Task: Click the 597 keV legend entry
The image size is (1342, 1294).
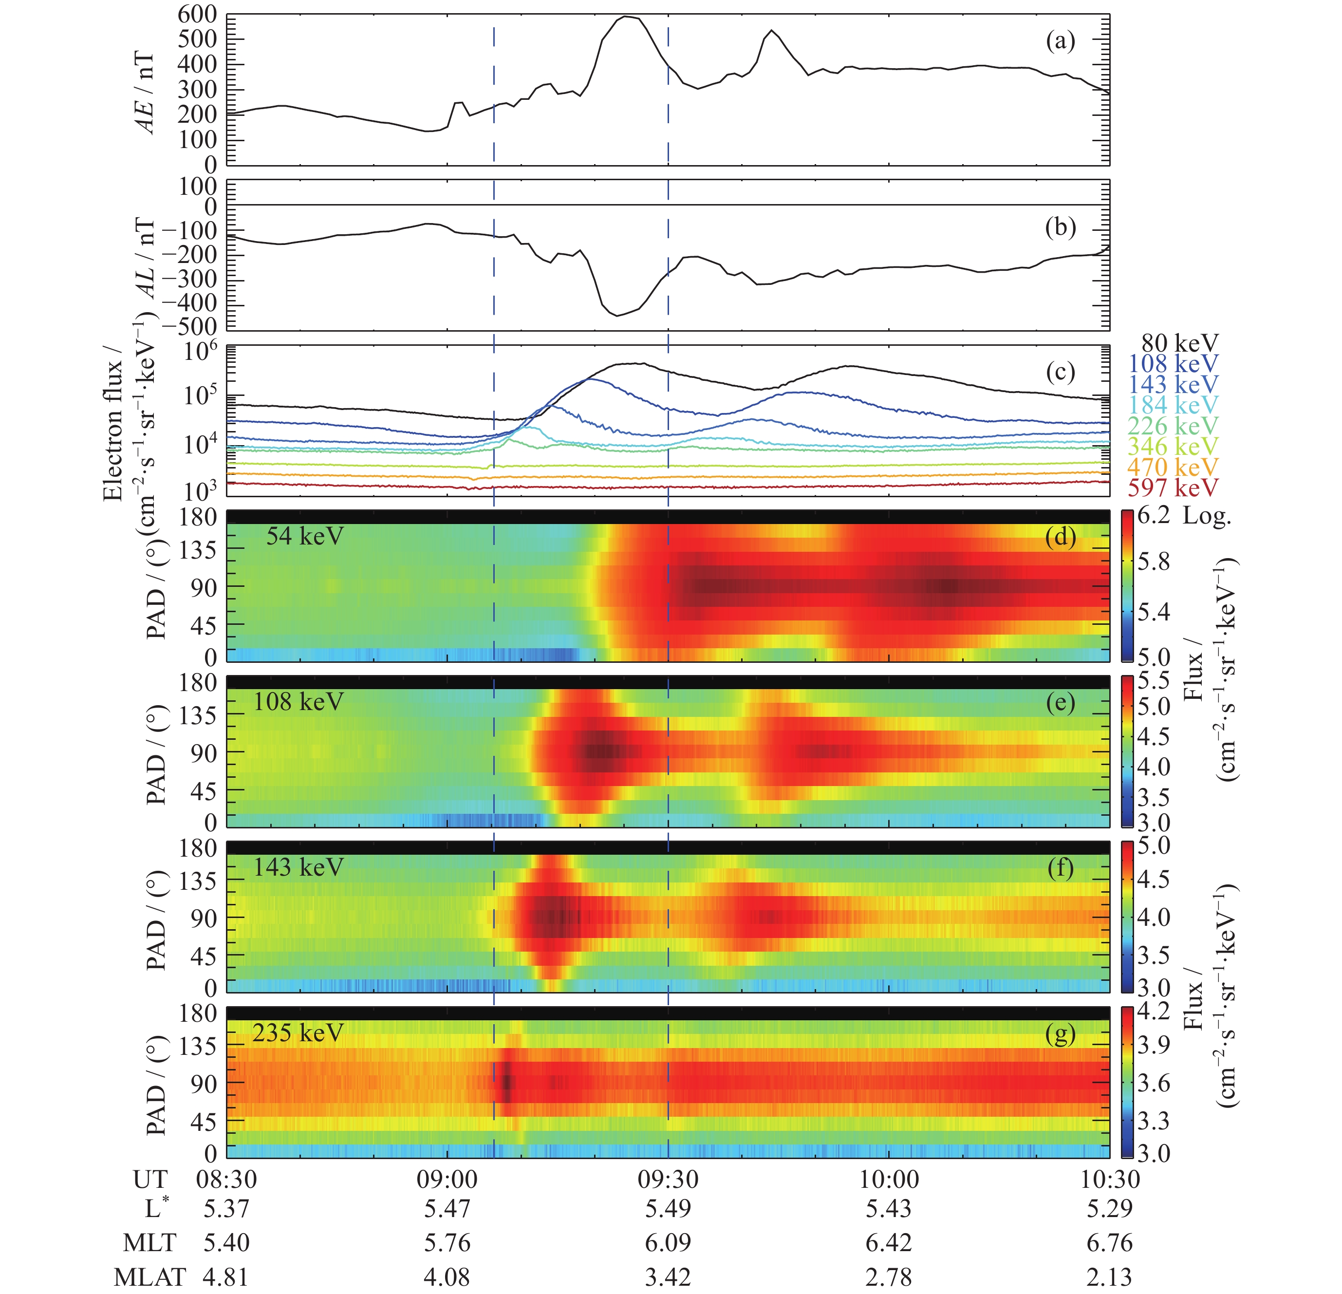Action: click(1173, 488)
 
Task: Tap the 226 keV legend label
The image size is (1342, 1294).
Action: click(1173, 426)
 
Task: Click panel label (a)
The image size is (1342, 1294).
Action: click(1061, 42)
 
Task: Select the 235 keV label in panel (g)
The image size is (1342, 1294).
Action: click(298, 1032)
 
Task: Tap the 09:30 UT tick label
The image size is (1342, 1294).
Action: click(668, 1180)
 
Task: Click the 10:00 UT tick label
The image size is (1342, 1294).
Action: click(889, 1180)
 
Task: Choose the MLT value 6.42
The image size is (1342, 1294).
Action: click(889, 1243)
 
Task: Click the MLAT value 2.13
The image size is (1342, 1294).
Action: click(1109, 1277)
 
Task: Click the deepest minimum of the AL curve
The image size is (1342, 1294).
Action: click(617, 316)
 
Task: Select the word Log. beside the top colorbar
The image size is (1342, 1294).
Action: click(1207, 517)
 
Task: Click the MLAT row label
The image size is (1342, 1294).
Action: click(150, 1277)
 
